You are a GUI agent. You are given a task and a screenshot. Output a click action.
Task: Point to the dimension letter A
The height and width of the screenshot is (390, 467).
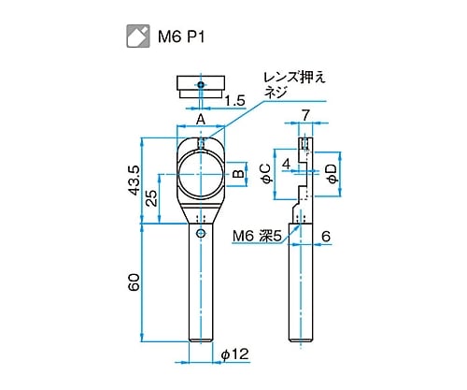pyautogui.click(x=200, y=120)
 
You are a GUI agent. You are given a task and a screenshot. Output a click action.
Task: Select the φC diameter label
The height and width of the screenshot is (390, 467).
pyautogui.click(x=265, y=172)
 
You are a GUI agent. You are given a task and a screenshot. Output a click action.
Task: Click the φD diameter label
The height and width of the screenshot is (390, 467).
pyautogui.click(x=331, y=172)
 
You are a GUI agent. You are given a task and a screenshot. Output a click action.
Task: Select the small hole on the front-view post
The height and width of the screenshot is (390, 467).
pyautogui.click(x=200, y=234)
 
